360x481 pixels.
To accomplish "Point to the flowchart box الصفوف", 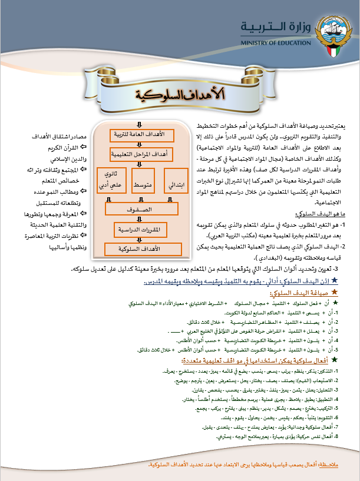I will [x=142, y=208].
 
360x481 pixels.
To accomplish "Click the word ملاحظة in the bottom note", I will [x=341, y=465].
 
